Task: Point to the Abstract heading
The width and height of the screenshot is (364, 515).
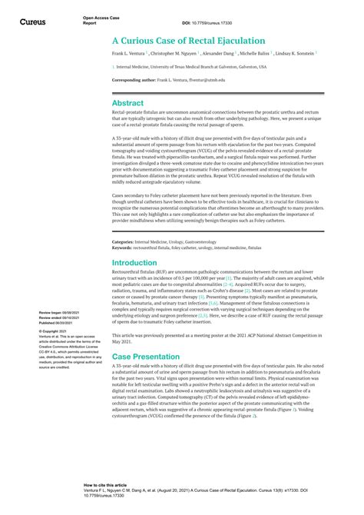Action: [x=127, y=102]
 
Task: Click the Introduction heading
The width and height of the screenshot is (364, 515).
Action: [x=134, y=262]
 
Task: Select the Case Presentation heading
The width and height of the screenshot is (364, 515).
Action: [x=145, y=357]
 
